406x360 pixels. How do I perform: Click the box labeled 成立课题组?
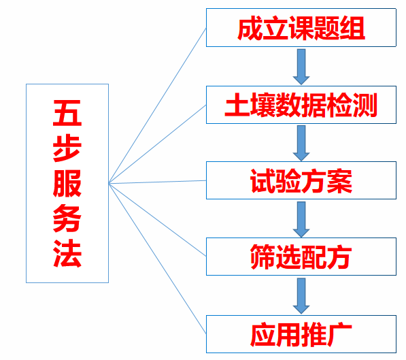[301, 28]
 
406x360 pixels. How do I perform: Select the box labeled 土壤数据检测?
[301, 105]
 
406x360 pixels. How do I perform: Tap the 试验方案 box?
[301, 180]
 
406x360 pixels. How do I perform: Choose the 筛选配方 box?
[301, 257]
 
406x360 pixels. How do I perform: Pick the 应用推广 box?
[301, 334]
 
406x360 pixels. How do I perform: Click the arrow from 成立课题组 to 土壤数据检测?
[301, 67]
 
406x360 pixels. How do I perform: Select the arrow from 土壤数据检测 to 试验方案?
[301, 143]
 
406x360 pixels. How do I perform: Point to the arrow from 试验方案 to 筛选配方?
[301, 219]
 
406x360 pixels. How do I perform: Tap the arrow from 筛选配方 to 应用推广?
[301, 296]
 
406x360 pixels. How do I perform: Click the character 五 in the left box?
[67, 113]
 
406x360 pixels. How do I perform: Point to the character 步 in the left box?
[67, 148]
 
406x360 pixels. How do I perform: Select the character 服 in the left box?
[67, 184]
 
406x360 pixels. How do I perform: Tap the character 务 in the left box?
[67, 218]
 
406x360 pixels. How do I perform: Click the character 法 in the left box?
[67, 253]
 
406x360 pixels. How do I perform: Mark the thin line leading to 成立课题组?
[157, 105]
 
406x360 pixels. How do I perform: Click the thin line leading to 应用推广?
[157, 259]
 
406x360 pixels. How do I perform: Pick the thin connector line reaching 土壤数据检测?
[157, 144]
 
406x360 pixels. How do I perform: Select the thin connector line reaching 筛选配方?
[157, 220]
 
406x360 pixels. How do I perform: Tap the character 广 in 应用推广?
[339, 334]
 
